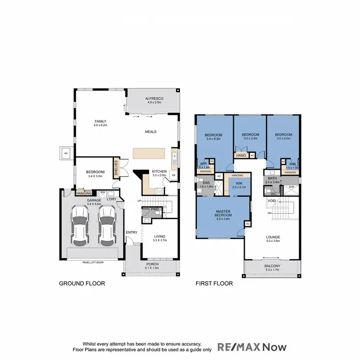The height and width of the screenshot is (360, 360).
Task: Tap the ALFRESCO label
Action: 155,98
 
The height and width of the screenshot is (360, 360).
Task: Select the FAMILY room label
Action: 100,121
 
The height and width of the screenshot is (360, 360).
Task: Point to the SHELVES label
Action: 116,168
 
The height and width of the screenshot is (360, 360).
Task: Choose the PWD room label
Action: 155,209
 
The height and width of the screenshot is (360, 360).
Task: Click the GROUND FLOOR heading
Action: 82,284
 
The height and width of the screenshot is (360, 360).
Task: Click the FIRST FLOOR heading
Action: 214,284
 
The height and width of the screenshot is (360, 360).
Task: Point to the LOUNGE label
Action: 274,237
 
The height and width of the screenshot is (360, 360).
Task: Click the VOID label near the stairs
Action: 272,201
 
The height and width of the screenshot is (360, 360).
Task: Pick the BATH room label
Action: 271,179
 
